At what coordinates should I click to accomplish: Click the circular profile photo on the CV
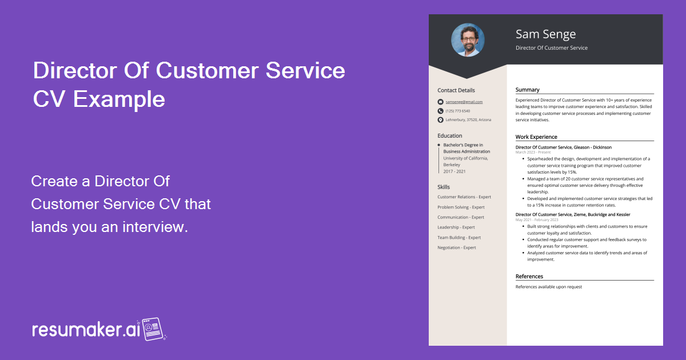pos(468,40)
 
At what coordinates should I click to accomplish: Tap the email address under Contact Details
pos(464,102)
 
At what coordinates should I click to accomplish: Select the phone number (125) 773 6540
pos(458,111)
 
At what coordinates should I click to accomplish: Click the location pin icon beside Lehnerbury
pos(440,120)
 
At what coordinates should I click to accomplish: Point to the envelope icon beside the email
pos(440,102)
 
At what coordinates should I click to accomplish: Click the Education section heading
pos(450,135)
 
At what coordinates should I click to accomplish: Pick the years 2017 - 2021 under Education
pos(454,171)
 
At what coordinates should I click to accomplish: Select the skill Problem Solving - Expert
pos(461,207)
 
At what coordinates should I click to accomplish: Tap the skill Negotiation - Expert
pos(457,247)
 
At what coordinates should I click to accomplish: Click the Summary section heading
pos(527,90)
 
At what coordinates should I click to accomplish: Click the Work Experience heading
pos(536,137)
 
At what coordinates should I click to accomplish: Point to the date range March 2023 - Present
pos(533,153)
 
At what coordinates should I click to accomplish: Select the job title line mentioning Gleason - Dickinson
pos(563,147)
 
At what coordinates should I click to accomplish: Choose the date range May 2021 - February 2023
pos(537,220)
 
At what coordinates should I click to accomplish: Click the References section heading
pos(529,277)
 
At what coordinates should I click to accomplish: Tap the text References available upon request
pos(548,287)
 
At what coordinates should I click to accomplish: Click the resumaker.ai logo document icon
pos(153,330)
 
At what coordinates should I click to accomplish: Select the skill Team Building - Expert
pos(459,237)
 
